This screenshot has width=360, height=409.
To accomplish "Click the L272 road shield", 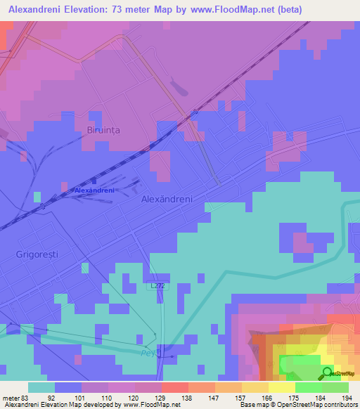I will click(158, 286).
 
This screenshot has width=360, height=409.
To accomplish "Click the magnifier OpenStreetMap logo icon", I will click(327, 374).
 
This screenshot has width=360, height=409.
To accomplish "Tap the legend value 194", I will click(346, 398).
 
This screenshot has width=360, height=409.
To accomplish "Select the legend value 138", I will click(187, 398).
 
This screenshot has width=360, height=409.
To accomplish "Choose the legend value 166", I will click(266, 398).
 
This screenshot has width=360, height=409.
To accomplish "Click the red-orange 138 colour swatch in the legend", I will click(174, 387).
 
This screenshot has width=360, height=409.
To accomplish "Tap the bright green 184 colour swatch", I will click(308, 387).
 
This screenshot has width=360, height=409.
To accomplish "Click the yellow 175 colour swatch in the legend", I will click(281, 387).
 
